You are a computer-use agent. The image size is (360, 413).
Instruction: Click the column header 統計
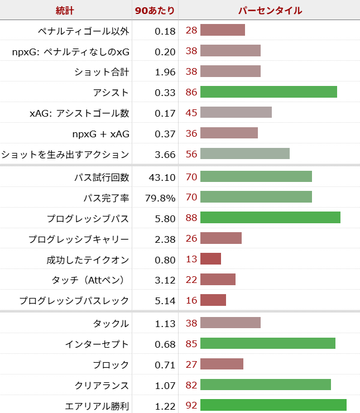click(65, 11)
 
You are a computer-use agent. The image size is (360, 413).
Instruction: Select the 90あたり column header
click(155, 11)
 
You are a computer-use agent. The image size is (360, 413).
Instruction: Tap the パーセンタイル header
click(270, 11)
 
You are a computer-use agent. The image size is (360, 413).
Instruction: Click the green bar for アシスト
click(268, 92)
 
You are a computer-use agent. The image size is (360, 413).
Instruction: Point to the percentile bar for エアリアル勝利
click(273, 405)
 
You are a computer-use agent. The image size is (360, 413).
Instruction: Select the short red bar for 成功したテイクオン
click(210, 259)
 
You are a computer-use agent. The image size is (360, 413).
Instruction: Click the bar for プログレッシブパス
click(270, 218)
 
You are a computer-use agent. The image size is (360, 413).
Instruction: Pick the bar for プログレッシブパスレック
click(213, 300)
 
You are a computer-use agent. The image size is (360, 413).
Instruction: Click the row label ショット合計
click(102, 71)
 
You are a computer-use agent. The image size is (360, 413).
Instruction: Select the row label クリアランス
click(102, 385)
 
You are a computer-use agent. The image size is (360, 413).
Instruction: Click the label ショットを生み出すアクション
click(65, 154)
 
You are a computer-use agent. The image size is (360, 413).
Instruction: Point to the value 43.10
click(162, 177)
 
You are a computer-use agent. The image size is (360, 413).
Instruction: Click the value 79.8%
click(160, 198)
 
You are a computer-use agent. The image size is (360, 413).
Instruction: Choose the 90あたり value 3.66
click(165, 154)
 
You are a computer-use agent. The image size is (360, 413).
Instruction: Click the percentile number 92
click(191, 405)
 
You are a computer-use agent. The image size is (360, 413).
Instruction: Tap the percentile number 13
click(191, 259)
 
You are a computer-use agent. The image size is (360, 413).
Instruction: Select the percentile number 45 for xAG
click(191, 113)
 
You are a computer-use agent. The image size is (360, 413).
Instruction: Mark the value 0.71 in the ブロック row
click(165, 364)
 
